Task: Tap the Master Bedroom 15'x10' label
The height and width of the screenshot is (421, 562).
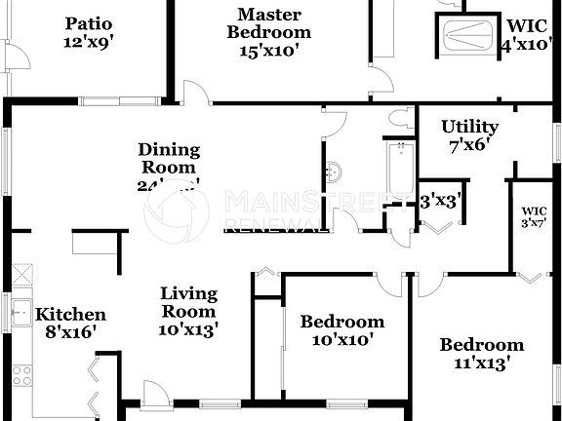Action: [268, 33]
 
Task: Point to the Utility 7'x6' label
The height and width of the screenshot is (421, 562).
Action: [469, 135]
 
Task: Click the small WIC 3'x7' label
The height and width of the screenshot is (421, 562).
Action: [534, 216]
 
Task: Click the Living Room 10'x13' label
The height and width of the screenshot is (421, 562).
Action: [188, 311]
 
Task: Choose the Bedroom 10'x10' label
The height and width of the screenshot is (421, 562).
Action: [341, 330]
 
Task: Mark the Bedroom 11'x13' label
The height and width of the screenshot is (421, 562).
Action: [481, 354]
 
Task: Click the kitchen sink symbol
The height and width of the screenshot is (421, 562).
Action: [20, 314]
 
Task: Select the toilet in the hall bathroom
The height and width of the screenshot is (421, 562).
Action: [398, 119]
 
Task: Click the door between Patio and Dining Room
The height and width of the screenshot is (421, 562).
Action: [196, 94]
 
